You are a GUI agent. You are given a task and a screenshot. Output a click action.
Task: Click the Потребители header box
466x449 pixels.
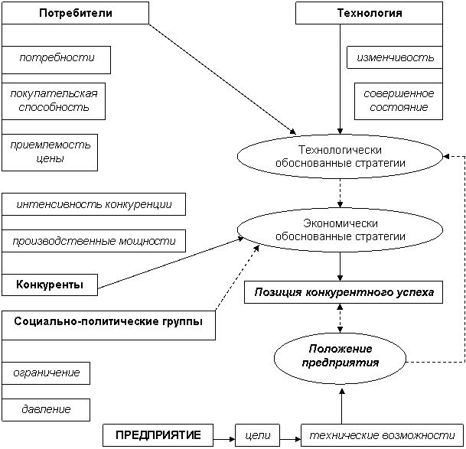pos(75,13)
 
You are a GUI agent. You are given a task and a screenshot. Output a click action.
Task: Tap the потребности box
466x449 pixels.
pos(56,59)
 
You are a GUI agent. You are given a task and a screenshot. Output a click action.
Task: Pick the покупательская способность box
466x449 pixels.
pos(54,100)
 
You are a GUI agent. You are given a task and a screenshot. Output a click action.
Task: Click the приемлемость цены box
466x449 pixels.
pos(50,151)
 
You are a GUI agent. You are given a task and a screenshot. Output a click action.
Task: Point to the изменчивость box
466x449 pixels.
pos(395,57)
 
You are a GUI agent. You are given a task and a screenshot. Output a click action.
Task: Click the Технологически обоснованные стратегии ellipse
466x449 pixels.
pos(340,157)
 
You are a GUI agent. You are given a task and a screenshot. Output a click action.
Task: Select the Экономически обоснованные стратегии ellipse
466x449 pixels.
pos(340,229)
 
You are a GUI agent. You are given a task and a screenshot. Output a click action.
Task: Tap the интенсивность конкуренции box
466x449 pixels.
pos(93,204)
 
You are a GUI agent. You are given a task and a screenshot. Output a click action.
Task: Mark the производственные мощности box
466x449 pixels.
pos(93,241)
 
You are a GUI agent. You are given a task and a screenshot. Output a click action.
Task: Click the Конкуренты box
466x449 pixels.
pos(50,285)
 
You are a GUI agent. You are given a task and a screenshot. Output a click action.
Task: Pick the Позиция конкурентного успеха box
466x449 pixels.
pos(344,292)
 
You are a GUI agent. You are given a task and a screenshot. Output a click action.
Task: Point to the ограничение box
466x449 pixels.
pos(46,373)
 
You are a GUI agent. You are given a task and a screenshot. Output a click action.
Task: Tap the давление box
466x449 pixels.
pos(46,409)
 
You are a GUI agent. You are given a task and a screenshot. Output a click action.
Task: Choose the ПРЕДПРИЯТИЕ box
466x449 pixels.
pos(158,435)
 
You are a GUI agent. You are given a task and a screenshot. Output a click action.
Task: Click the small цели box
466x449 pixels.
pos(256,435)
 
